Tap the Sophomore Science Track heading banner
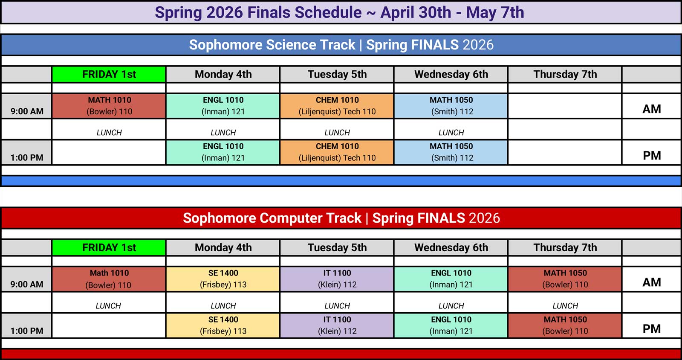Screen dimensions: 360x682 (x=341, y=45)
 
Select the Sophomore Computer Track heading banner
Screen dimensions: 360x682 (x=341, y=218)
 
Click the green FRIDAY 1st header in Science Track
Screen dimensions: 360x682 (x=109, y=74)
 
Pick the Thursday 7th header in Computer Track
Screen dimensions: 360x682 (x=565, y=247)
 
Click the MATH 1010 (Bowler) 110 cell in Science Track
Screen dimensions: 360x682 (x=109, y=106)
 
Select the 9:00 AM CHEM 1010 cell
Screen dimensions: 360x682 (x=337, y=106)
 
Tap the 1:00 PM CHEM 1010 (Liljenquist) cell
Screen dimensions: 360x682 (x=337, y=152)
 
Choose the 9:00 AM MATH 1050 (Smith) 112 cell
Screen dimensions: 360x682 (x=451, y=106)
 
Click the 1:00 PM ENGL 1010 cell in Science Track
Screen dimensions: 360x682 (x=223, y=152)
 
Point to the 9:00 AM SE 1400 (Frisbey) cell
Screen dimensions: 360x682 (x=223, y=279)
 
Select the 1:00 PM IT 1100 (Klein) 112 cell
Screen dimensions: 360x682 (x=337, y=325)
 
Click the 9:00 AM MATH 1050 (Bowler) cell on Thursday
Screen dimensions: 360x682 (x=565, y=279)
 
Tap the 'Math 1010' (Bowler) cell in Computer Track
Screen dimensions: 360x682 (x=109, y=279)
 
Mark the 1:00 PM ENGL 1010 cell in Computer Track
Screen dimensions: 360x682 (x=451, y=325)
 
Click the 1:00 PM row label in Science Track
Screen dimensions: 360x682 (x=27, y=157)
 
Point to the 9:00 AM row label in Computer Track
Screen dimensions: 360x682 (x=27, y=284)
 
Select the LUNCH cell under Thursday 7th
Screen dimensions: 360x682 (x=565, y=306)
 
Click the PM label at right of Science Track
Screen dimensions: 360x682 (x=651, y=156)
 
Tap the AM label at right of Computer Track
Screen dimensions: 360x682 (x=651, y=282)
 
